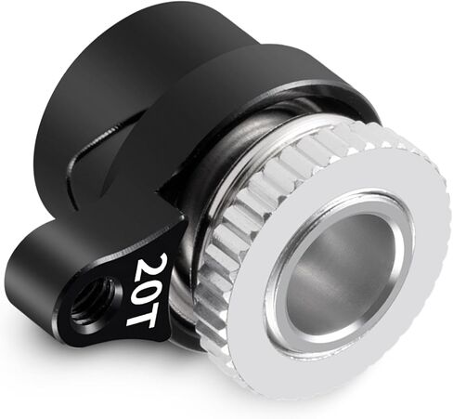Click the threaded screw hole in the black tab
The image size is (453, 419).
tap(94, 300)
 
